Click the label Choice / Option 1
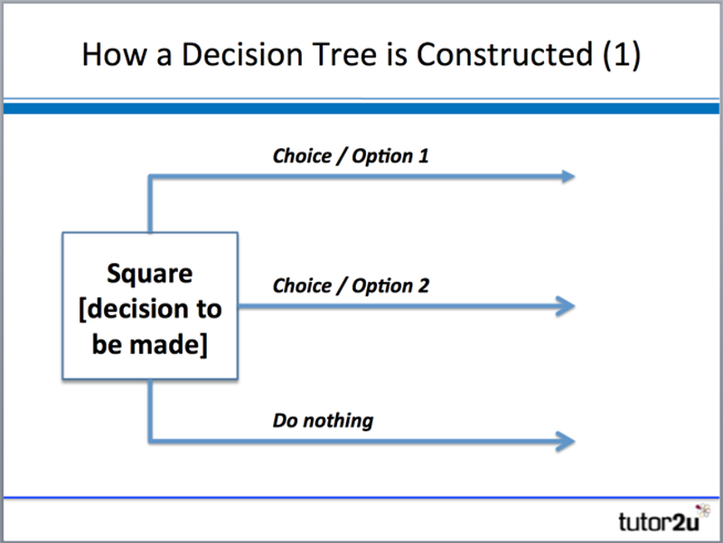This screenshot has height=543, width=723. click(351, 155)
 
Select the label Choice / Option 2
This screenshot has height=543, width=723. click(351, 286)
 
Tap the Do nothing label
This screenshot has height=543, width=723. click(323, 420)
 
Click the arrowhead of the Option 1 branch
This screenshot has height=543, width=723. click(568, 176)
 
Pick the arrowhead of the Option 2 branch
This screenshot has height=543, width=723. click(568, 306)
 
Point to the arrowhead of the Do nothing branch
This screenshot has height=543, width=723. click(568, 441)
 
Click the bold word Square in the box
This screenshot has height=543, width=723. click(150, 273)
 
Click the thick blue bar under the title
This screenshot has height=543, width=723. click(361, 108)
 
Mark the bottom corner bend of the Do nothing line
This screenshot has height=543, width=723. click(149, 441)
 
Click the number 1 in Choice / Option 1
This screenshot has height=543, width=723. click(423, 155)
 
